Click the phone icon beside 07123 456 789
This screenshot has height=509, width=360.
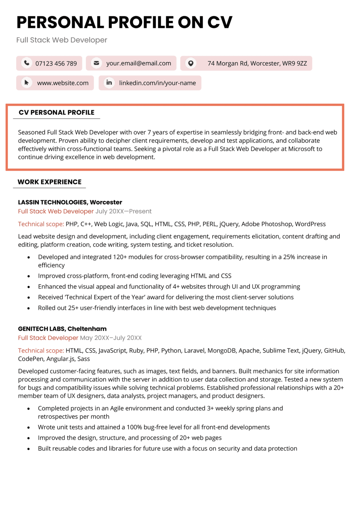pos(27,63)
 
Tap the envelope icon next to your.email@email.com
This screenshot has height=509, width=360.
pos(96,63)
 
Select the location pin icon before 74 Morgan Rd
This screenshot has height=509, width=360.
pos(191,63)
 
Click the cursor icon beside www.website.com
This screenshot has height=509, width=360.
pos(27,83)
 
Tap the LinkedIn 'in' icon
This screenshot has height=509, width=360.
pos(109,83)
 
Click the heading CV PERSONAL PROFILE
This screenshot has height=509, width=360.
pos(57,112)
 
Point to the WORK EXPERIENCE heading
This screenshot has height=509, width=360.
pos(50,182)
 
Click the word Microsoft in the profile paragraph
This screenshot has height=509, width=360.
pos(301,149)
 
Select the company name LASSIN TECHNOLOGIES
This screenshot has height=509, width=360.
pos(52,202)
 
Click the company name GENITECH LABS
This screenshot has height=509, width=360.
pos(41,329)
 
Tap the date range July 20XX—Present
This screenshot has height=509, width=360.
pos(123,211)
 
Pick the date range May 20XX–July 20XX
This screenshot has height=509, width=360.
pos(111,338)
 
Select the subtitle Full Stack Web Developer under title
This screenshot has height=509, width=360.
pos(62,40)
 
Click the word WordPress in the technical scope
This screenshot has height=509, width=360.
pos(310,224)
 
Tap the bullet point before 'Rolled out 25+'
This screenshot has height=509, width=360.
pos(29,308)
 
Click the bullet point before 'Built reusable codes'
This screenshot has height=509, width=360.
pos(29,449)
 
